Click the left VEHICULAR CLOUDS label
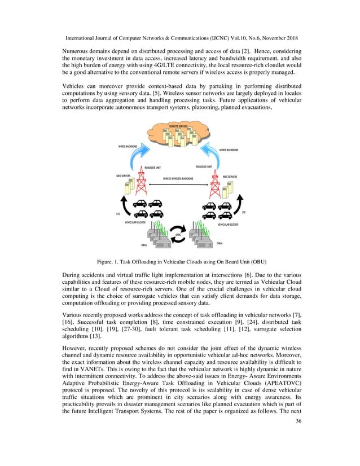coord(135,223)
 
